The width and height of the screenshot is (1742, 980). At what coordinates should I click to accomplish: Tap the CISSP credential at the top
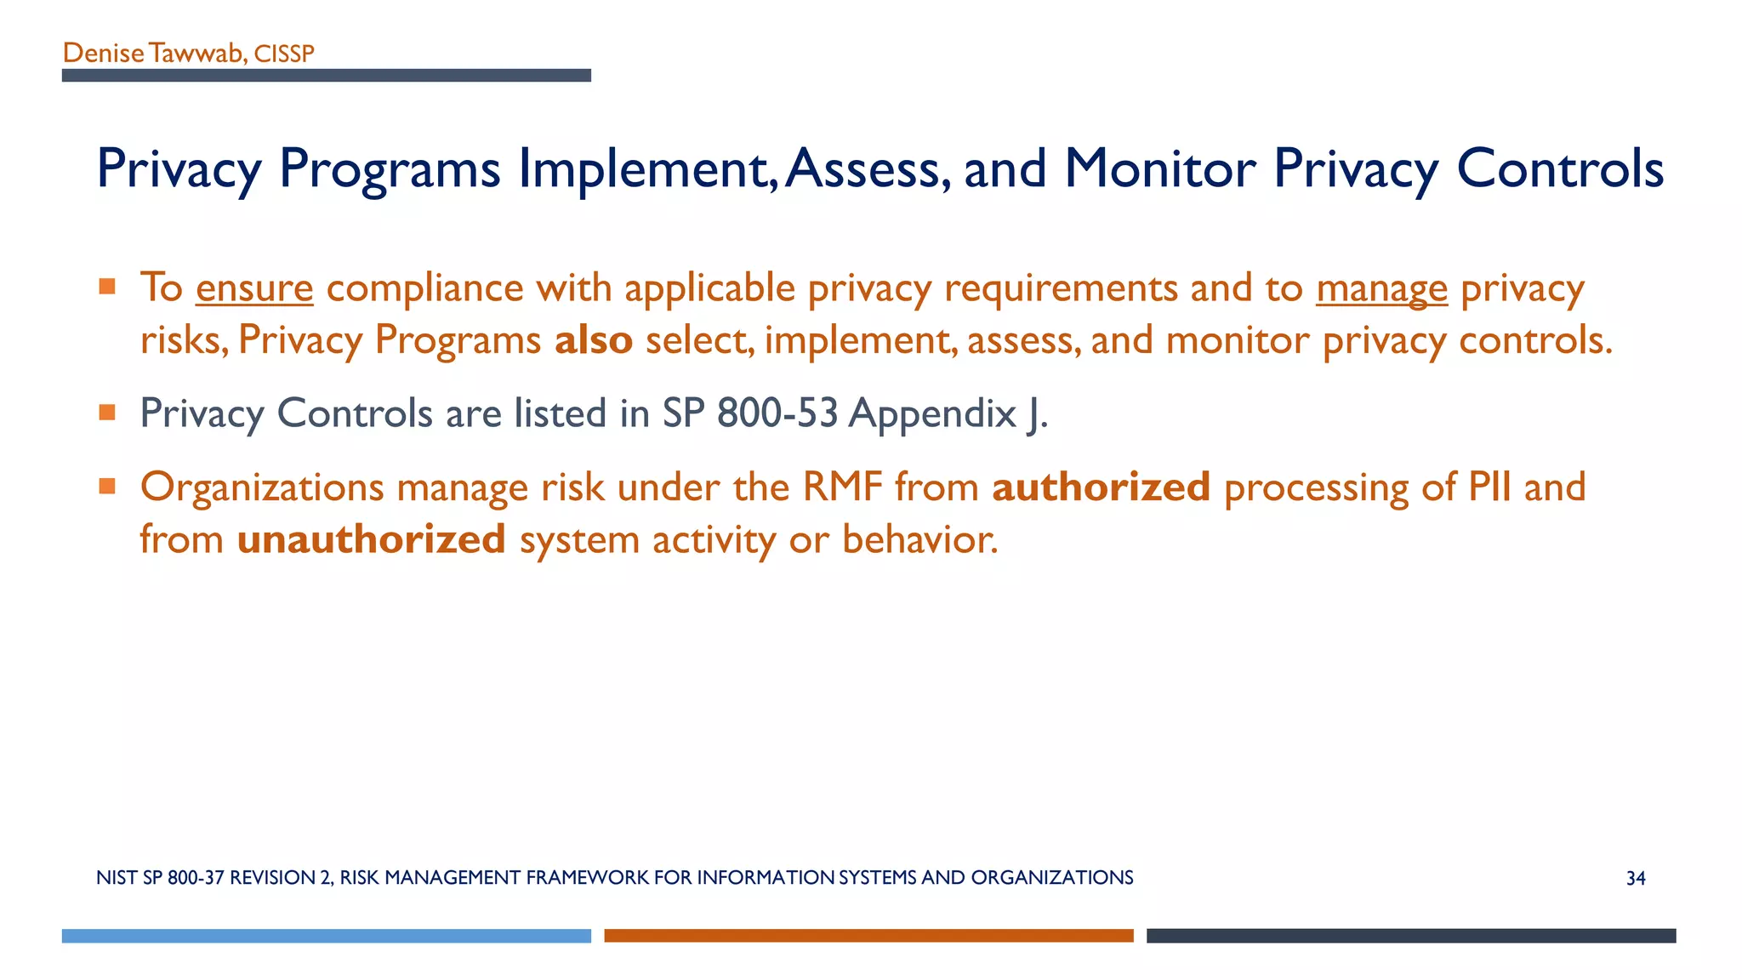(284, 54)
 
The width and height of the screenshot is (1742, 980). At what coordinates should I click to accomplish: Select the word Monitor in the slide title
(1159, 168)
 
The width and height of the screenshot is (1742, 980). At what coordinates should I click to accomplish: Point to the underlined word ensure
(254, 288)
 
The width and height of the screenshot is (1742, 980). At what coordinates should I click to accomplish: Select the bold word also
(594, 340)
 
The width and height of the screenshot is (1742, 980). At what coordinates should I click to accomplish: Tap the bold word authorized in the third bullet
(1101, 487)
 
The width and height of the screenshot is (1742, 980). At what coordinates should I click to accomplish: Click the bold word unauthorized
(371, 540)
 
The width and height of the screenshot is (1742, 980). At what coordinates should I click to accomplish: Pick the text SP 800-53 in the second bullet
(750, 413)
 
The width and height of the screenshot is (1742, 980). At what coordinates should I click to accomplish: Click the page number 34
(1635, 879)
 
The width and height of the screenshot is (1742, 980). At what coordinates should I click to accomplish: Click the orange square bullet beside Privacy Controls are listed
(107, 413)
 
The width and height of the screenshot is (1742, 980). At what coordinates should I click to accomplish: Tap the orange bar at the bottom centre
(868, 936)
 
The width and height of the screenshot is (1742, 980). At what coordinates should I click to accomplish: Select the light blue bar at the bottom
(326, 936)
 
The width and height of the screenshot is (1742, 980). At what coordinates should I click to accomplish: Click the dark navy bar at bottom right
(1410, 936)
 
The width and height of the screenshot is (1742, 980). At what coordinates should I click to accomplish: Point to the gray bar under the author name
(326, 76)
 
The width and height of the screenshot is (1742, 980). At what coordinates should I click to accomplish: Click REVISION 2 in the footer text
(281, 878)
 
